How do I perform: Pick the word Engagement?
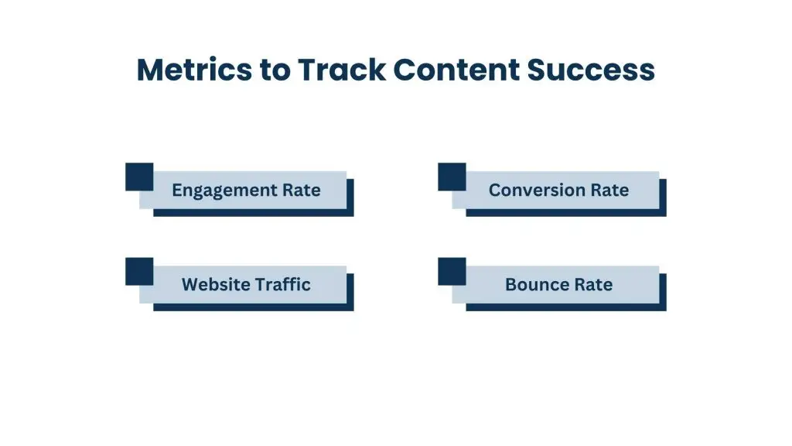(x=220, y=190)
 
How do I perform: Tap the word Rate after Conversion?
(x=609, y=190)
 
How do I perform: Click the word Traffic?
(x=282, y=284)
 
